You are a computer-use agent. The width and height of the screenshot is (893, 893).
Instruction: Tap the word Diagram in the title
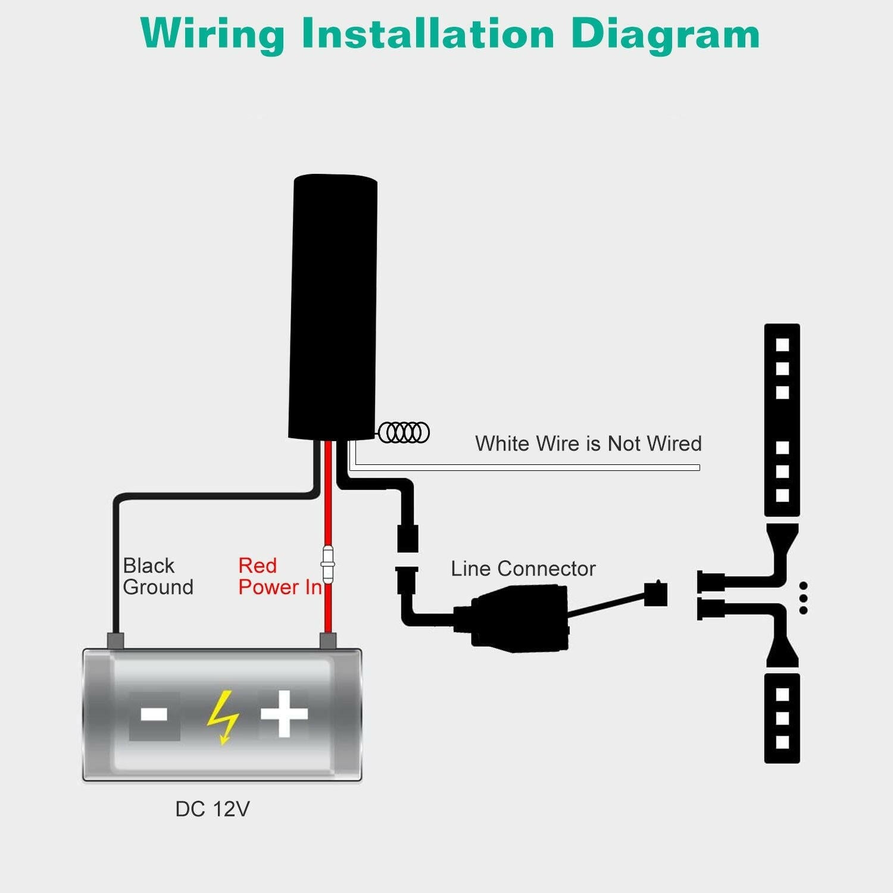click(665, 34)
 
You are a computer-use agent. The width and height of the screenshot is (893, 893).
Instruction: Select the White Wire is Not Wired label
click(588, 444)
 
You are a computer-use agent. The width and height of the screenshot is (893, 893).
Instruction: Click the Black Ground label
click(158, 576)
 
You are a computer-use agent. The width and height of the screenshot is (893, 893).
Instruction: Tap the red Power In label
click(279, 576)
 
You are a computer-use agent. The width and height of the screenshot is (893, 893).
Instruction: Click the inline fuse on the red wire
click(327, 563)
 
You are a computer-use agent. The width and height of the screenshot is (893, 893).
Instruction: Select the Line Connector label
click(523, 569)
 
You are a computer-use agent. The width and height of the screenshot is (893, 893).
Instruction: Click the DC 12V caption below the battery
click(212, 809)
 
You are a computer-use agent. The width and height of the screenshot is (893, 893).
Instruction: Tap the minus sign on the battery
click(154, 714)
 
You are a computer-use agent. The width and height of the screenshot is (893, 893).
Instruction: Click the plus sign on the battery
click(284, 713)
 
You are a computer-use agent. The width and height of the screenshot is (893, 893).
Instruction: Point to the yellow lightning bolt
click(223, 716)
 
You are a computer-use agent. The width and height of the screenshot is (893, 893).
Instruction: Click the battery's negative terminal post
click(115, 642)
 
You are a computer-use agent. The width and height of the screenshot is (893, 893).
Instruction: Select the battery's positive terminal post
click(328, 642)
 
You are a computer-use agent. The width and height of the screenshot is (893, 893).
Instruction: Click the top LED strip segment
click(782, 420)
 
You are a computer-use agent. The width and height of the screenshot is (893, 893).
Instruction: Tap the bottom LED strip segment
click(782, 717)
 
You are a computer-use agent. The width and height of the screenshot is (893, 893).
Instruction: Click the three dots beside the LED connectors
click(803, 598)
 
